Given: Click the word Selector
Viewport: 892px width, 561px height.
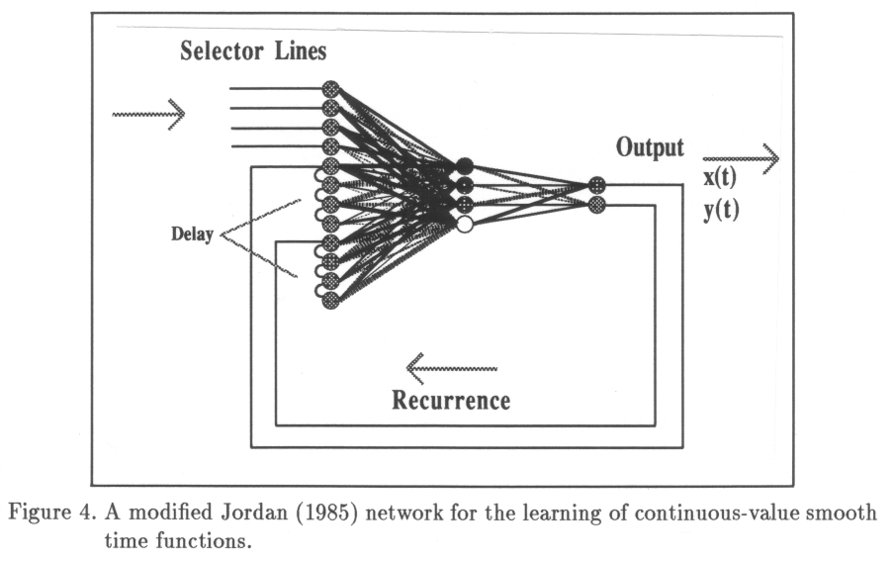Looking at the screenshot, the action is [x=222, y=50].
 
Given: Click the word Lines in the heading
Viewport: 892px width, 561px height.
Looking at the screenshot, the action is [x=301, y=50].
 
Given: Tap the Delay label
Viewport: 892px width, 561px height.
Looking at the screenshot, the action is [x=192, y=234].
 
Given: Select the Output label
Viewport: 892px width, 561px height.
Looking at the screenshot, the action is [x=650, y=148].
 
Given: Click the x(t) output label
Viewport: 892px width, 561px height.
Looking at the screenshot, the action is [x=720, y=177].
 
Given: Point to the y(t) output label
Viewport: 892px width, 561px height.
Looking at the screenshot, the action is [x=721, y=210].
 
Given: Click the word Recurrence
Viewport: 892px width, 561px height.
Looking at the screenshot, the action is [x=451, y=401].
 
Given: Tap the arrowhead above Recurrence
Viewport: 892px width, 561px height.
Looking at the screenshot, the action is [x=414, y=369].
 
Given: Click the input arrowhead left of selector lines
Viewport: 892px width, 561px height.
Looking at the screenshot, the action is [x=177, y=115].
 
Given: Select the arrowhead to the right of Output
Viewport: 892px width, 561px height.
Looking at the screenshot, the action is [x=770, y=158].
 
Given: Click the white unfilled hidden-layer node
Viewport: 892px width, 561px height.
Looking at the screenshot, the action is [x=464, y=225].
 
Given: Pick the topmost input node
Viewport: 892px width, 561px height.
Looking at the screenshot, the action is [x=330, y=89].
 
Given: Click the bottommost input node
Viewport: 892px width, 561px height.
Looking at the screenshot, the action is [x=330, y=300].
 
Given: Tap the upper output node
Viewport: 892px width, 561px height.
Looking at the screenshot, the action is [x=596, y=185].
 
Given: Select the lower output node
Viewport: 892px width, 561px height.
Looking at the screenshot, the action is [x=596, y=204].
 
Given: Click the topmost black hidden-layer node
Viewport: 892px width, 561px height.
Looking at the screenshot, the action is [x=464, y=165].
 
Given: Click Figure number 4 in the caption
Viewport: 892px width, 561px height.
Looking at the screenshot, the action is [x=83, y=514].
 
